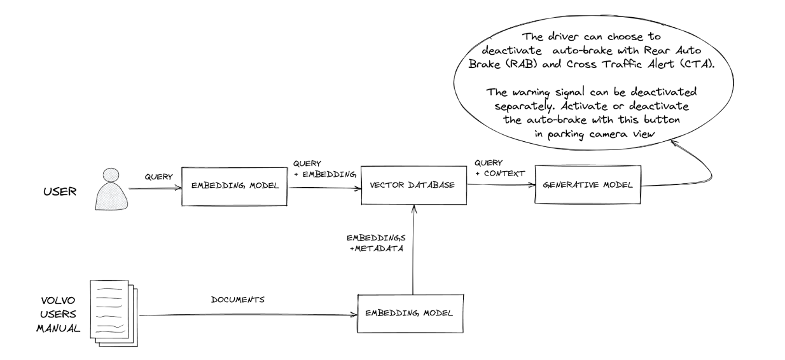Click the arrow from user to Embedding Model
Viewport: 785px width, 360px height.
point(155,188)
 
